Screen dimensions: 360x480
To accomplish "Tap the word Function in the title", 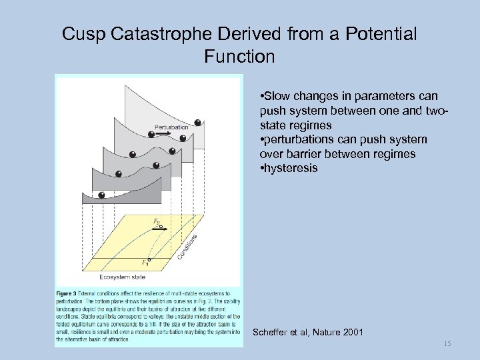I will (240, 57).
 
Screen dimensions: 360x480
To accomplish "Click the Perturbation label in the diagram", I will (172, 127).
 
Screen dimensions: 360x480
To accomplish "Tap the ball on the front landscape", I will (101, 195).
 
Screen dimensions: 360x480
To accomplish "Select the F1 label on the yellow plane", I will (145, 262).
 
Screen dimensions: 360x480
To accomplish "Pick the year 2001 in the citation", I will (351, 332).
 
